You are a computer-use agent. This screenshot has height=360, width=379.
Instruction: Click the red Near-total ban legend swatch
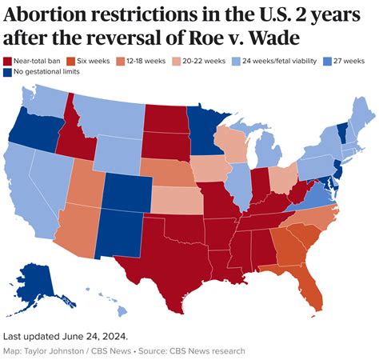(x=8, y=61)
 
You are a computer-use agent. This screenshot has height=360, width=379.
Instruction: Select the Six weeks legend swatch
(x=76, y=61)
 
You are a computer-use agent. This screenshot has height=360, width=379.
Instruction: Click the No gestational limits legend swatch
(x=8, y=72)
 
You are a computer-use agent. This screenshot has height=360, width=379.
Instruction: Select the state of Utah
(x=85, y=184)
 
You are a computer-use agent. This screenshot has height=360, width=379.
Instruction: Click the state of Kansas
(x=177, y=199)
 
